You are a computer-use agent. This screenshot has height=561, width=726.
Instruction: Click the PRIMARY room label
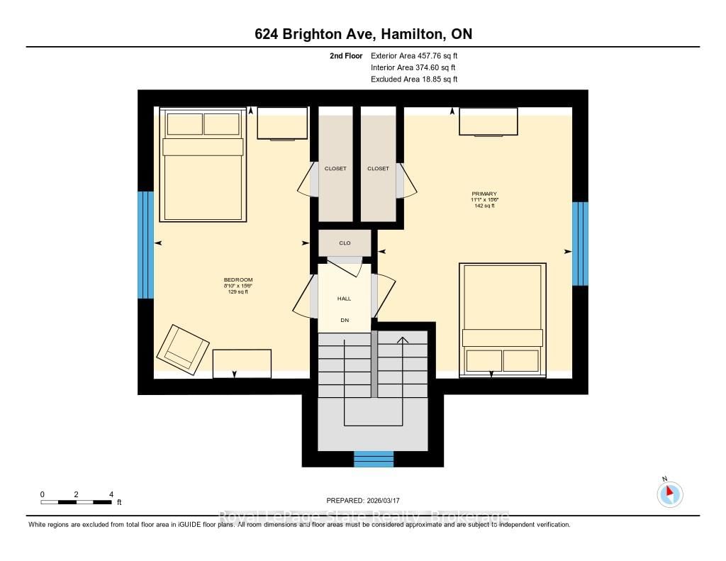484,194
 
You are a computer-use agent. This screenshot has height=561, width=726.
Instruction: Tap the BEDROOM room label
238,280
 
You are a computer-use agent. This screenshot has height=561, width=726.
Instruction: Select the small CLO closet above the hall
344,243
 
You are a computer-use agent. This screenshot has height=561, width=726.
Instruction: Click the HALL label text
344,299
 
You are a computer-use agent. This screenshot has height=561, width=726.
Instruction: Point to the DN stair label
345,321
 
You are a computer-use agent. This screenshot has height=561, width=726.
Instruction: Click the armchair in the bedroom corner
183,349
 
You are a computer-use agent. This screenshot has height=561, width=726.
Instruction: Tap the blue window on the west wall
145,245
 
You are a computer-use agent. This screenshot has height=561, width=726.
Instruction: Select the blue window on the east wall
580,243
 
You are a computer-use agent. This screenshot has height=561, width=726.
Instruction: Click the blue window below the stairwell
374,459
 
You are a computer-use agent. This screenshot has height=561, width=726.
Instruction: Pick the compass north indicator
669,494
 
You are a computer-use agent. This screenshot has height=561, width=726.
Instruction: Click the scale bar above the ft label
77,502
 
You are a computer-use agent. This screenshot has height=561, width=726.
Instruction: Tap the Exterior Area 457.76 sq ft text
419,55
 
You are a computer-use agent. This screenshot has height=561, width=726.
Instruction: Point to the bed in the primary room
502,318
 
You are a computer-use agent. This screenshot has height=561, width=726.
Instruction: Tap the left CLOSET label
335,169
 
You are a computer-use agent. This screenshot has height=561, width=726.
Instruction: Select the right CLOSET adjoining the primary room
378,169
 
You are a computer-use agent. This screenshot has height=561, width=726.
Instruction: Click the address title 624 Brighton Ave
362,34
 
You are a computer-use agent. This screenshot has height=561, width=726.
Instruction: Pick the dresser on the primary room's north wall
488,121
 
